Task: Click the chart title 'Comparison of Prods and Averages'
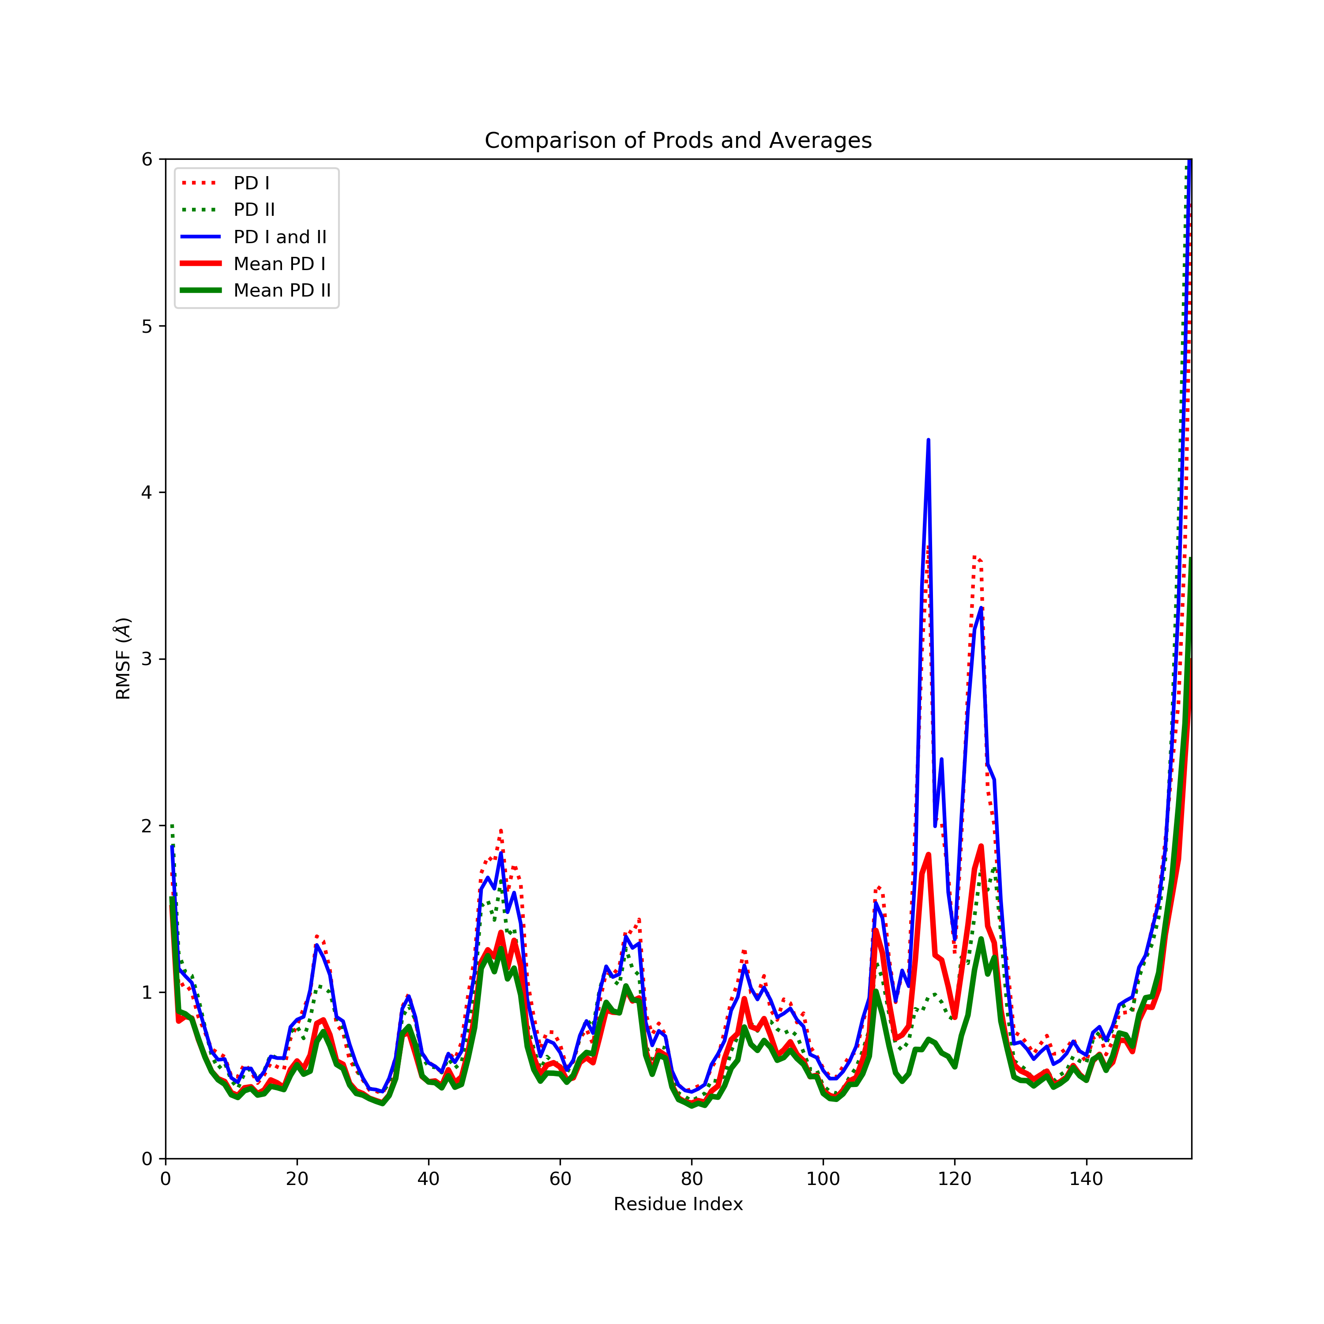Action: (x=678, y=140)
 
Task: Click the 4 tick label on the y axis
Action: (x=147, y=493)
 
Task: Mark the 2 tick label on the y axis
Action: (x=147, y=826)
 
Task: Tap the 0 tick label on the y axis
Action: (x=147, y=1159)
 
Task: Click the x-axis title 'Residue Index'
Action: (x=678, y=1204)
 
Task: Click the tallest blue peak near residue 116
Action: (x=928, y=440)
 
